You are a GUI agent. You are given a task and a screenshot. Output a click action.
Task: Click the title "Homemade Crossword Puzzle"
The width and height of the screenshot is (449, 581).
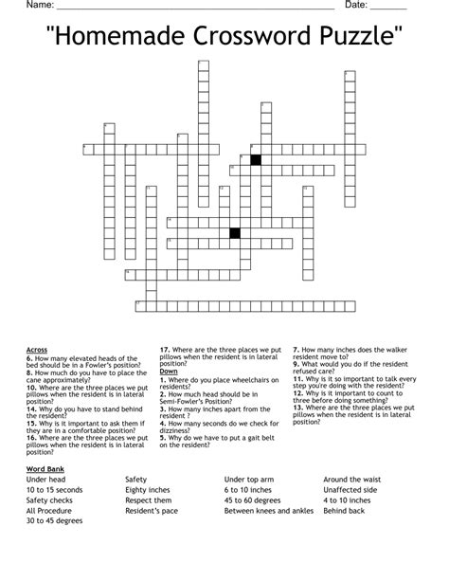click(x=224, y=37)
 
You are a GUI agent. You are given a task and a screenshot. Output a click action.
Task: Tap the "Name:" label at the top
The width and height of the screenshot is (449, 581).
click(x=41, y=5)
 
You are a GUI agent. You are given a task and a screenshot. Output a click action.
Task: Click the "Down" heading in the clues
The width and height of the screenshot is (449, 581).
click(x=168, y=372)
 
